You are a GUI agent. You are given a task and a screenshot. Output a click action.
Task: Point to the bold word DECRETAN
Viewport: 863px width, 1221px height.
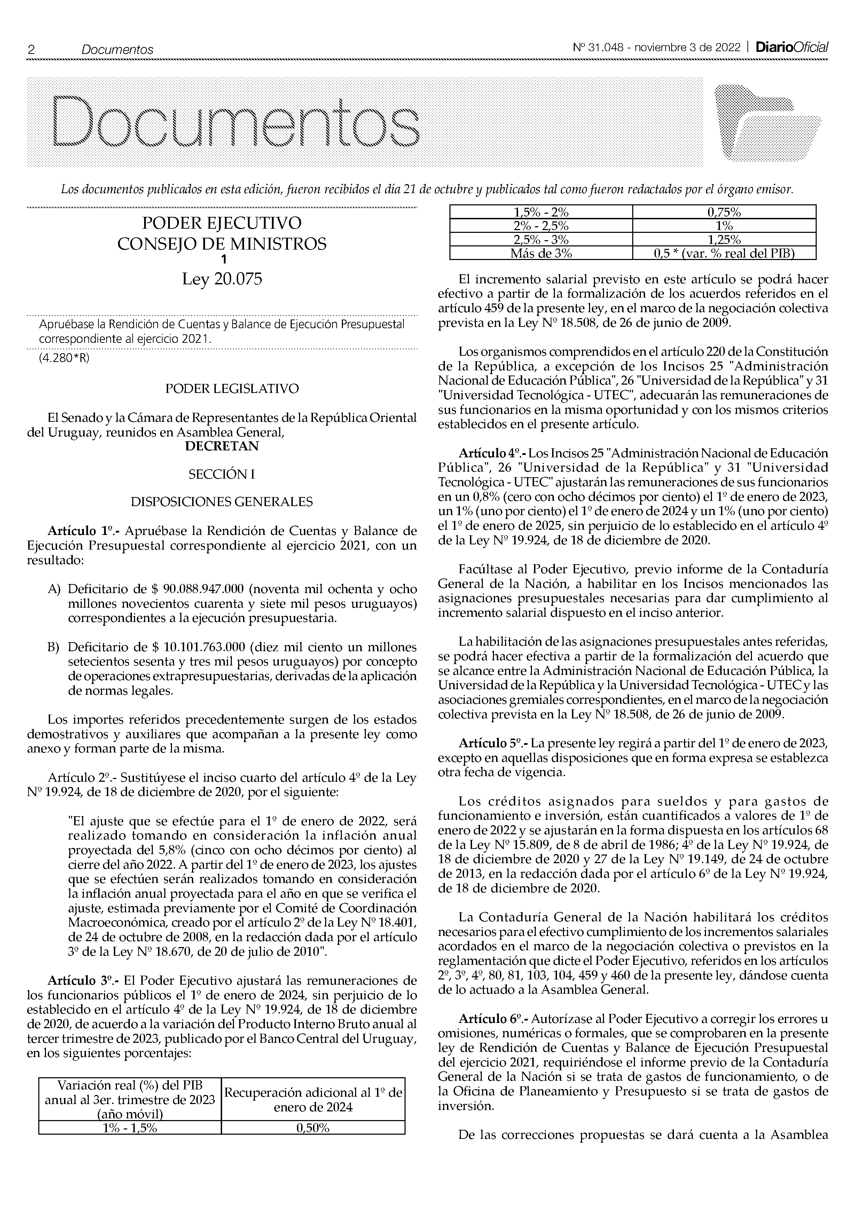click(222, 446)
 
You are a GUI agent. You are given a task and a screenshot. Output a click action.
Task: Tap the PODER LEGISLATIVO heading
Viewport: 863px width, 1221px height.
click(232, 389)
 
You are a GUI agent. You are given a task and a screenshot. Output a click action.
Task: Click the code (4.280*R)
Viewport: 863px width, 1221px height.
click(64, 358)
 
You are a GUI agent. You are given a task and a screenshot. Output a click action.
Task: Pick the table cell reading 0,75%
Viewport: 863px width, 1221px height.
click(724, 212)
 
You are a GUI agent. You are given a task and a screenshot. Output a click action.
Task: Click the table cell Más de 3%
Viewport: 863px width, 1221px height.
click(541, 254)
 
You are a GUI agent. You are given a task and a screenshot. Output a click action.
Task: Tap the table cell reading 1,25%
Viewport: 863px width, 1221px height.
click(724, 240)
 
